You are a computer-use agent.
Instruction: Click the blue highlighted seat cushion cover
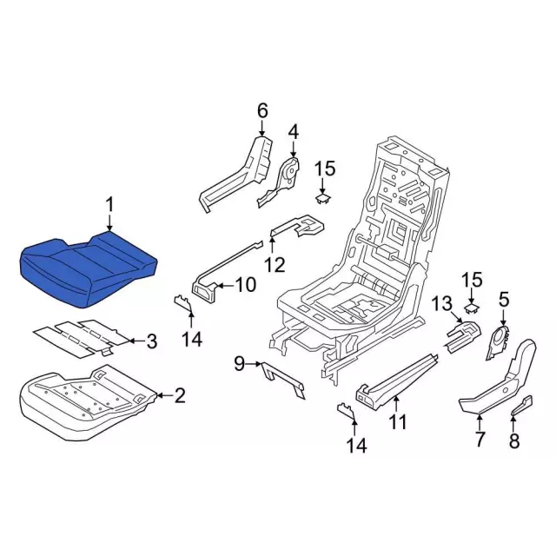[87, 268]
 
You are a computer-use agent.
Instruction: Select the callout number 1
[109, 206]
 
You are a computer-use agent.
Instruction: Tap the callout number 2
[180, 395]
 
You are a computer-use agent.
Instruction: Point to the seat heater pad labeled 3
[80, 336]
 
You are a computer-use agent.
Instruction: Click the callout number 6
[261, 111]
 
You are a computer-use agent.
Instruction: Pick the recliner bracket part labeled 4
[279, 182]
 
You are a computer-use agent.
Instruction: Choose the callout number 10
[246, 284]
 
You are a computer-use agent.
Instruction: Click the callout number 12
[275, 264]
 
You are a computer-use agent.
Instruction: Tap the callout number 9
[240, 363]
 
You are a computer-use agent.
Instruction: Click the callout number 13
[442, 304]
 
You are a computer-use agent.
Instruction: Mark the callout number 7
[479, 440]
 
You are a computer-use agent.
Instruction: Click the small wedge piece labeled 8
[521, 405]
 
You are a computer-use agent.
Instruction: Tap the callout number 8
[514, 440]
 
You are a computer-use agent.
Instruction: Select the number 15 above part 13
[473, 280]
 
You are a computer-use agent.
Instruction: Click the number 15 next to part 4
[325, 168]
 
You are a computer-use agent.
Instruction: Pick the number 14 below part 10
[192, 339]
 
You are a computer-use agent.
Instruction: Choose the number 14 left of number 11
[357, 445]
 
